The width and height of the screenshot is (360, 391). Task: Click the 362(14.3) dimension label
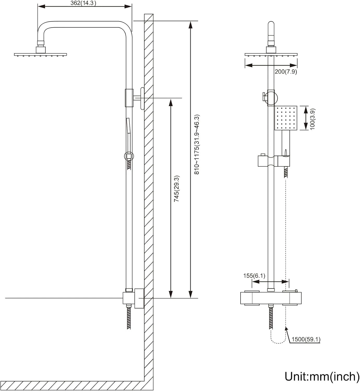coord(83,3)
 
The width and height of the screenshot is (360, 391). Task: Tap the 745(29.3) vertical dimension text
coord(177,188)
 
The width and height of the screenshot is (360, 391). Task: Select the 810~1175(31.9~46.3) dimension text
coord(197,144)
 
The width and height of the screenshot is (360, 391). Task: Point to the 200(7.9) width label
coord(286,72)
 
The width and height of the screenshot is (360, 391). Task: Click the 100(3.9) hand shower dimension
coord(312,119)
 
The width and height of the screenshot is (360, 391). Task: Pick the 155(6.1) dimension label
coord(254,276)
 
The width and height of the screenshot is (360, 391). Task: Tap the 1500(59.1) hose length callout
coord(306,339)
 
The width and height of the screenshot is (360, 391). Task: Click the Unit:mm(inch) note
coord(322,376)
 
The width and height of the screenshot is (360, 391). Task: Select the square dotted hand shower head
coord(286,118)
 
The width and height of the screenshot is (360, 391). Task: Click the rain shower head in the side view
coord(40,54)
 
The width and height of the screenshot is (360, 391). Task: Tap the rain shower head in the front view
coord(271,54)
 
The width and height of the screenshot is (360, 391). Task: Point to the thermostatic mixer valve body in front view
coord(271,298)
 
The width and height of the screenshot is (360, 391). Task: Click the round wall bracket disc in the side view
coord(142,99)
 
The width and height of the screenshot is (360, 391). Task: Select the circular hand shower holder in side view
coord(129,156)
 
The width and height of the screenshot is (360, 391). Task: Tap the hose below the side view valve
coord(129,318)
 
